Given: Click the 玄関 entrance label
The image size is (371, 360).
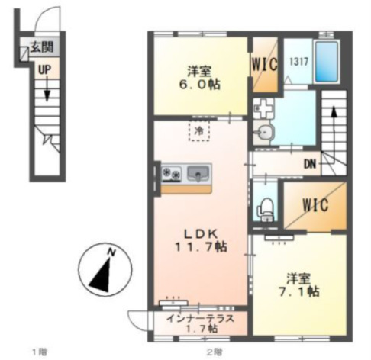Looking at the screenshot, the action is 42,47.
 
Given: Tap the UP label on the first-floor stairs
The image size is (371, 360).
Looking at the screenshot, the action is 45,69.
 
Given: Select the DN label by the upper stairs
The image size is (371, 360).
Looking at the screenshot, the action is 310,165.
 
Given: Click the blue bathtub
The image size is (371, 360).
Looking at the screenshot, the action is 327,61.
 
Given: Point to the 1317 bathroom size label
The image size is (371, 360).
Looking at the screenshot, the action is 298,62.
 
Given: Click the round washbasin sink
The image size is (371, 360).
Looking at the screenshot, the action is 265,132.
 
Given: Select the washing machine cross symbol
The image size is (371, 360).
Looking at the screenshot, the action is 263,108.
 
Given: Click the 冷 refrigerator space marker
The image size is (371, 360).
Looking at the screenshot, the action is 199,130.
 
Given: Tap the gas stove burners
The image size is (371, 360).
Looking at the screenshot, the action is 172,173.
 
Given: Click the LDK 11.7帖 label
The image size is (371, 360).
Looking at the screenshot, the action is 201,240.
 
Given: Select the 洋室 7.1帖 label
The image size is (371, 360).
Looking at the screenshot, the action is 298,286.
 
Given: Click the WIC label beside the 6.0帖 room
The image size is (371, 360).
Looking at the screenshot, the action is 264,64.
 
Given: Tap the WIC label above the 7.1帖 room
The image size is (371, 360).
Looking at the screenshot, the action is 315,204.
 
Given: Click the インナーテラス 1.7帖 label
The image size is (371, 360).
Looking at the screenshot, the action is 200,323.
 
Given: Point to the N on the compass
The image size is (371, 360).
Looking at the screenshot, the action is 111,252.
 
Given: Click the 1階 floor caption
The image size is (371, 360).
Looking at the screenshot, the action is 40,352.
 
